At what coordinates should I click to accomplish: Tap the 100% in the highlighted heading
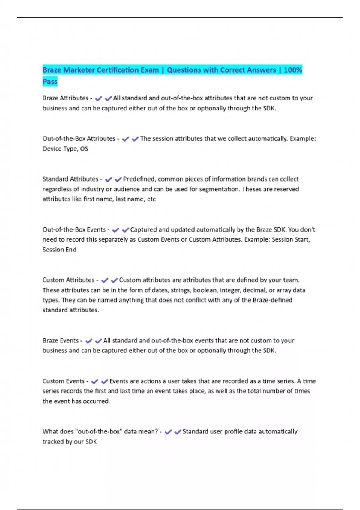(x=293, y=70)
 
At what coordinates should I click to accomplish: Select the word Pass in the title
(x=50, y=82)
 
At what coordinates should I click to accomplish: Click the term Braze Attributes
(x=65, y=98)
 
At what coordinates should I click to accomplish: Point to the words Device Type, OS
(x=65, y=149)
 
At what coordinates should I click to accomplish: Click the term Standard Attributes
(x=70, y=179)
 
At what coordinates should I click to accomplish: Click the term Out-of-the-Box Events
(x=74, y=230)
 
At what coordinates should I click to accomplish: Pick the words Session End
(x=59, y=250)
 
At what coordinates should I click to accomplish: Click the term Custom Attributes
(x=68, y=280)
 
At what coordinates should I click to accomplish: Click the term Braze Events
(x=61, y=341)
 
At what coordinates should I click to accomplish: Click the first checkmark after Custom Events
(x=95, y=382)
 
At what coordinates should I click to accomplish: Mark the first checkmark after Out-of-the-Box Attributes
(x=125, y=139)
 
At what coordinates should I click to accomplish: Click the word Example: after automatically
(x=303, y=139)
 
